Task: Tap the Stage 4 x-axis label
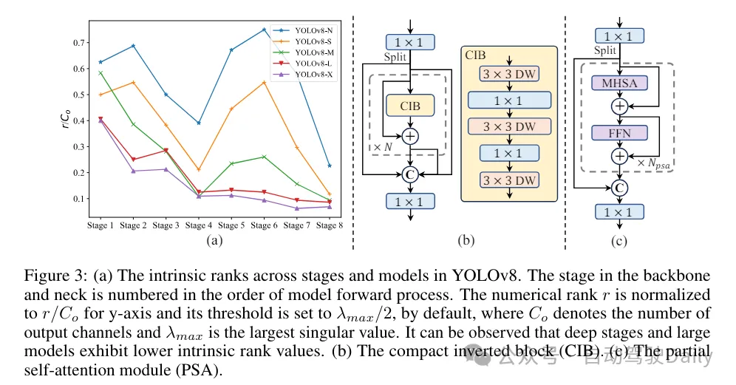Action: tap(198, 225)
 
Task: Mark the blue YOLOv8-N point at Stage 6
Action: tap(264, 30)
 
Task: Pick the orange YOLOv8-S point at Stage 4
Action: tap(198, 170)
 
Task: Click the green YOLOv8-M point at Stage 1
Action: tap(100, 72)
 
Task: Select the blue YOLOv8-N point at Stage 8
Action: tap(330, 166)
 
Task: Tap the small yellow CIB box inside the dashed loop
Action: tap(410, 106)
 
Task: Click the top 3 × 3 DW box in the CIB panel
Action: tap(509, 74)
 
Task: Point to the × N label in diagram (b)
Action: tap(384, 147)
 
